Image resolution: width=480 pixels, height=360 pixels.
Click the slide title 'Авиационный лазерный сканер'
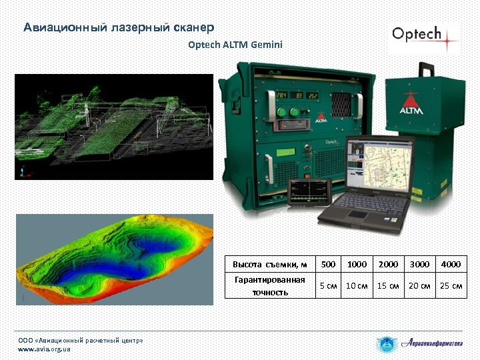pos(119,27)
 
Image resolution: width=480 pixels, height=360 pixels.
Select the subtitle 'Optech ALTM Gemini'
pos(235,45)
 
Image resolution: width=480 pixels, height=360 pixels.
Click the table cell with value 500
pos(328,264)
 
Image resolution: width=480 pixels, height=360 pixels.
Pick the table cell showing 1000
pos(357,264)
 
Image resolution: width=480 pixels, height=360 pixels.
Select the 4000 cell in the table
pos(451,264)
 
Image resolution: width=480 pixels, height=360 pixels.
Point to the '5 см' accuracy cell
pos(328,286)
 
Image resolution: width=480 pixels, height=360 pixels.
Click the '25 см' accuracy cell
pos(451,286)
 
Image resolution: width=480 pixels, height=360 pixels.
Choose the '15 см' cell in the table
pos(388,286)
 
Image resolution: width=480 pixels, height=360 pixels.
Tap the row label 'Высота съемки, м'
pos(269,264)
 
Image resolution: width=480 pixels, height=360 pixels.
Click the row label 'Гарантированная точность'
pos(269,286)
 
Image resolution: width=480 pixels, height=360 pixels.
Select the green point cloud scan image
pos(113,127)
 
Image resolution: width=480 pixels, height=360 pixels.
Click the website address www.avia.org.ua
pos(44,349)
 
